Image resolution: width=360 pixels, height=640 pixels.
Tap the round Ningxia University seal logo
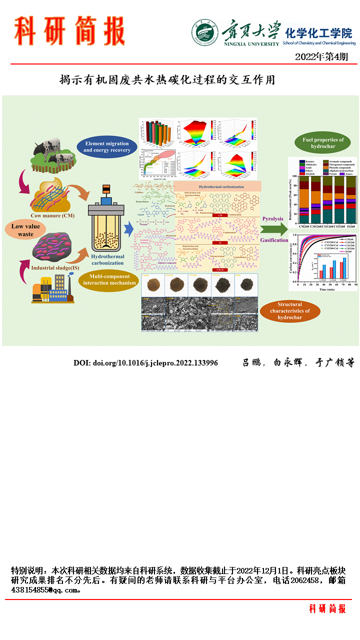(x=204, y=33)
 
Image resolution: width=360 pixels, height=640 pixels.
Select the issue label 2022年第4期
(x=321, y=56)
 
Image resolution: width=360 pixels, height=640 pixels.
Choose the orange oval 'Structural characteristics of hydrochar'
(x=289, y=310)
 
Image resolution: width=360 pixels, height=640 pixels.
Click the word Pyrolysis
(x=272, y=219)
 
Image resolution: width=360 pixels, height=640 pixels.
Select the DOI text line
(x=145, y=362)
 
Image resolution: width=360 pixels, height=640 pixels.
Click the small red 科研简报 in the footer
(x=327, y=608)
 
